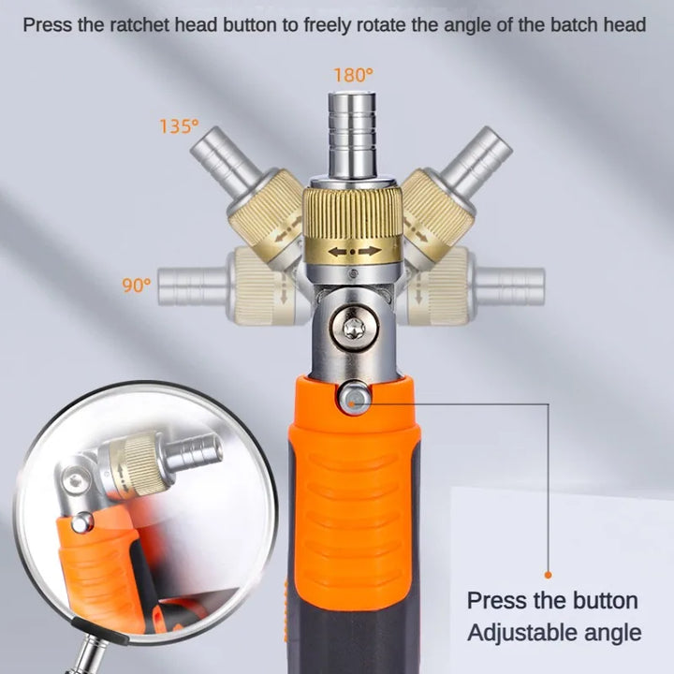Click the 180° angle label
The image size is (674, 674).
pos(353,75)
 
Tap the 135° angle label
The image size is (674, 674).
pos(179,126)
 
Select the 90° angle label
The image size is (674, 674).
pos(137,285)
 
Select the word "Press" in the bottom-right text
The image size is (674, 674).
pos(495,600)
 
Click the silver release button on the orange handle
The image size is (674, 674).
pos(355,398)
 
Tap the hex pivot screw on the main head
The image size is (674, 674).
pos(355,329)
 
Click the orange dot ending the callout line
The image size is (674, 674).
pos(548,575)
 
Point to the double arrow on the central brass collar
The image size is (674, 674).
pos(354,252)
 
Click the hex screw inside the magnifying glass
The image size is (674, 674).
pos(76,480)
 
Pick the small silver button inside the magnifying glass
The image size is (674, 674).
pos(82,522)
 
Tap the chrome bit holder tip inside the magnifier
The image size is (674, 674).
pos(195,453)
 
